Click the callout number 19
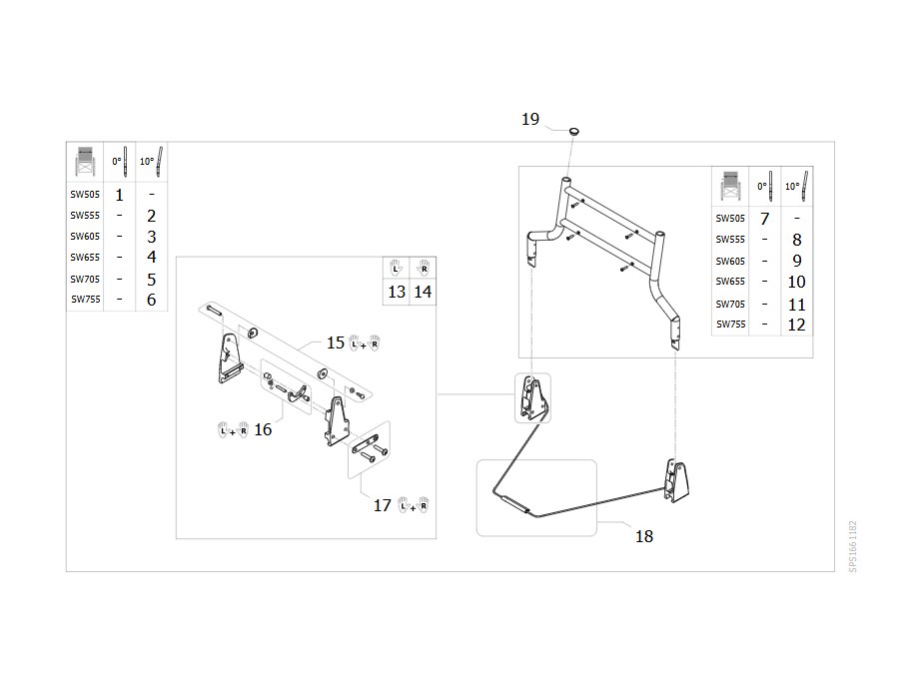coord(530,119)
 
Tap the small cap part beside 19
coord(574,132)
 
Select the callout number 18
coord(644,536)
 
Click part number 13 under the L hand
coord(397,293)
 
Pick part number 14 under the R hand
coord(423,293)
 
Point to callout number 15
coord(336,342)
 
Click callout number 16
coord(263,429)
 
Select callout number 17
coord(382,505)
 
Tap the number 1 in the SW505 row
coord(119,196)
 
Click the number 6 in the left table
coord(152,300)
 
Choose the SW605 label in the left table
coord(85,236)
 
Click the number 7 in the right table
coord(764,219)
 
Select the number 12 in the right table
coord(796,325)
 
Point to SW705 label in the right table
coord(730,304)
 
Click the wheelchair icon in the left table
coord(85,162)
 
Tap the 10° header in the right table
coord(797,187)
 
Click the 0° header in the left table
coord(119,162)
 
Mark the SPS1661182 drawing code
coord(853,546)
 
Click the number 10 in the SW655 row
coord(796,282)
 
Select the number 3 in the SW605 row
coord(152,237)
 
